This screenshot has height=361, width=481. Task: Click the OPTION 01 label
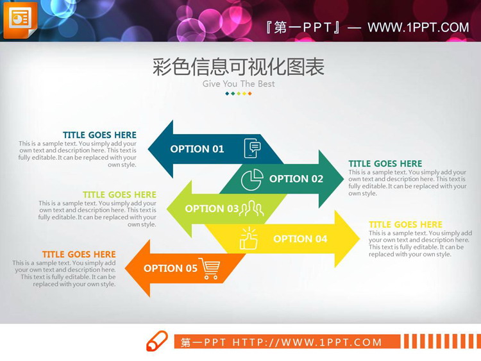click(x=197, y=149)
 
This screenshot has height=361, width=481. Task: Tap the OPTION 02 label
click(x=296, y=179)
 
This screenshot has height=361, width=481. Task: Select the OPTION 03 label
click(x=212, y=208)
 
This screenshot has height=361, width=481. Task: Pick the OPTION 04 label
click(x=300, y=239)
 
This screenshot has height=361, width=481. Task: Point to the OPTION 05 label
click(x=170, y=268)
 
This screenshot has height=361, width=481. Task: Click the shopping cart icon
click(x=209, y=269)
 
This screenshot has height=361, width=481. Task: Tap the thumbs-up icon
click(x=248, y=239)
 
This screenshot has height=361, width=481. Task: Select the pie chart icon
click(x=252, y=180)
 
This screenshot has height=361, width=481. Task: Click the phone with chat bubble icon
click(x=253, y=148)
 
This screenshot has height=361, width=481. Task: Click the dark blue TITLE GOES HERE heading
click(x=99, y=135)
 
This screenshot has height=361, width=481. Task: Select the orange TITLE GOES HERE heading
click(x=79, y=255)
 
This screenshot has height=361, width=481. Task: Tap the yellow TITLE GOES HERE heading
click(x=405, y=224)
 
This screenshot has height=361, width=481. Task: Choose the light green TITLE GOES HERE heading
click(x=119, y=195)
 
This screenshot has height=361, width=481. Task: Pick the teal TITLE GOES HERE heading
click(x=385, y=164)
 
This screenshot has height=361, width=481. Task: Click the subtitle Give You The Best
click(x=239, y=83)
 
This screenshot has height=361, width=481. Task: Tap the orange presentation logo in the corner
click(x=20, y=20)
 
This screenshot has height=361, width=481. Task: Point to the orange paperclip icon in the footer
click(x=157, y=341)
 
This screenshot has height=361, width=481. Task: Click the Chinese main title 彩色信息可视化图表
click(x=239, y=67)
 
